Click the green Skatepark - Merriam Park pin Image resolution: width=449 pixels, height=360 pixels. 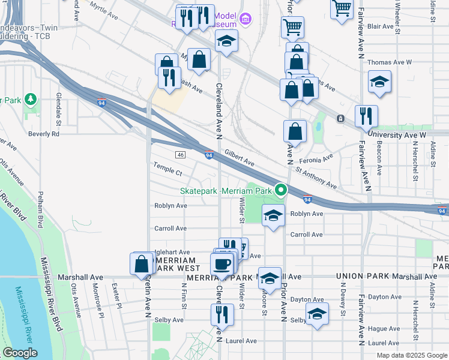pyautogui.click(x=280, y=191)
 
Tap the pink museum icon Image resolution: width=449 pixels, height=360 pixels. pyautogui.click(x=244, y=19)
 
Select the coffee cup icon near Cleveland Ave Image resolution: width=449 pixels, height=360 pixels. pyautogui.click(x=221, y=264)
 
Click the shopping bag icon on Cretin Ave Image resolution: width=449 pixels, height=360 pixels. pyautogui.click(x=142, y=263)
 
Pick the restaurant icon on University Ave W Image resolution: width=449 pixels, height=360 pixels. pyautogui.click(x=366, y=116)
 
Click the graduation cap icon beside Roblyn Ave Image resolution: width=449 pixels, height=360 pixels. pyautogui.click(x=273, y=215)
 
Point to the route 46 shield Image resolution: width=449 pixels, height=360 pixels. pyautogui.click(x=180, y=155)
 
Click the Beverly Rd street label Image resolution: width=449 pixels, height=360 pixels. pyautogui.click(x=47, y=134)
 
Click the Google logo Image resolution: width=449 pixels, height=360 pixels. pyautogui.click(x=19, y=353)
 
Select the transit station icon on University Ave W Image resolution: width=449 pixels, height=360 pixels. pyautogui.click(x=340, y=119)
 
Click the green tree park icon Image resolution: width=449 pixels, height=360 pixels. pyautogui.click(x=29, y=99)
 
